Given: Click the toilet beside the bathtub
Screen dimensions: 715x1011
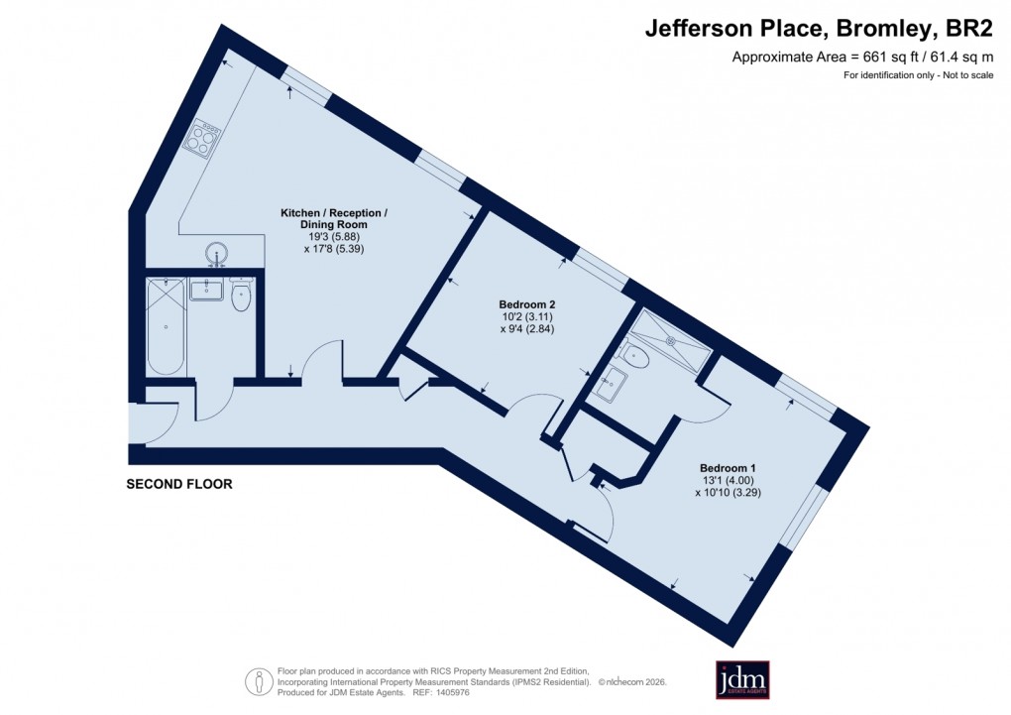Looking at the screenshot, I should (x=240, y=297).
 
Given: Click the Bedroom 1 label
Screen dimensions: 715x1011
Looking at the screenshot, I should (x=728, y=468).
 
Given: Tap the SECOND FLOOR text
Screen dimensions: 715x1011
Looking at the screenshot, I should (x=178, y=485).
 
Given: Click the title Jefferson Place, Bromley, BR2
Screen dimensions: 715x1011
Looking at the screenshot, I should (x=819, y=29).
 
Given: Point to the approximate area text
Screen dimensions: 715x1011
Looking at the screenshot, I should (x=861, y=57).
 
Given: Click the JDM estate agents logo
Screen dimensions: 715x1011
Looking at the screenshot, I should (x=742, y=679).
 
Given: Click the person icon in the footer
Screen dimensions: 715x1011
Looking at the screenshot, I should (x=260, y=680).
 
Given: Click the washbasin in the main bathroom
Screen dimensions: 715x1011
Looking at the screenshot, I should (x=206, y=290).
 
